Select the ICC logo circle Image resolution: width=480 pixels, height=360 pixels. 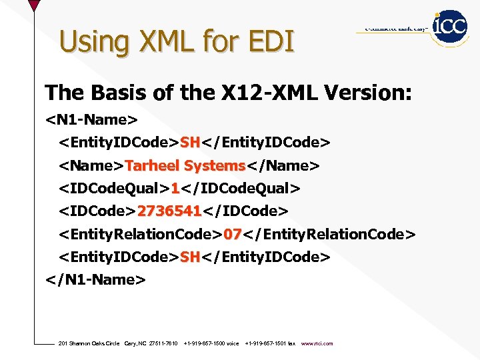450,27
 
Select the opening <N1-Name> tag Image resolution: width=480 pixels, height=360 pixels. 91,121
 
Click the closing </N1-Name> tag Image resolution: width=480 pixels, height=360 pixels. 95,279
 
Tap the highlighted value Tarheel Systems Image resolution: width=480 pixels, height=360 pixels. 185,165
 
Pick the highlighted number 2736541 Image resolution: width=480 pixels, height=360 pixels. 169,211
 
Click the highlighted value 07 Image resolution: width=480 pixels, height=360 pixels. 232,234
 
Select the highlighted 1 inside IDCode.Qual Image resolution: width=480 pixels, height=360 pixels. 175,188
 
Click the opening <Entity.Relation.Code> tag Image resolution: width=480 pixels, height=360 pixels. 141,234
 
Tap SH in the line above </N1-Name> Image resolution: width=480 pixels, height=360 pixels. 190,257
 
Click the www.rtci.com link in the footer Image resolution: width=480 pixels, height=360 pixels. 317,343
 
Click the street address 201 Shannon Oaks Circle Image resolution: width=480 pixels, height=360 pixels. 89,343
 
